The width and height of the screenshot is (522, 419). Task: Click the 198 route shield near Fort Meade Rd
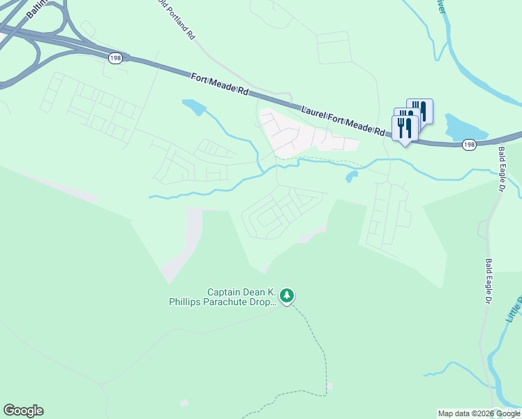click(115, 59)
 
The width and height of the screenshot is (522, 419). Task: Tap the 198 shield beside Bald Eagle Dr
click(469, 144)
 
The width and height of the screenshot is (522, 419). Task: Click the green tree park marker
click(286, 296)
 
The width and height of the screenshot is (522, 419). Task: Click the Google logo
click(23, 411)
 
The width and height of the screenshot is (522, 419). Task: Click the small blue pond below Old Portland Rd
click(194, 107)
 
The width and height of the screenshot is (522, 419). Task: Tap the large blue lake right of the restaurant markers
click(465, 126)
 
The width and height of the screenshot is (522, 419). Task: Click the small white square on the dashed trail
click(329, 385)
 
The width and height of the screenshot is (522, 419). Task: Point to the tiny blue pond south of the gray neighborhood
click(351, 177)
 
